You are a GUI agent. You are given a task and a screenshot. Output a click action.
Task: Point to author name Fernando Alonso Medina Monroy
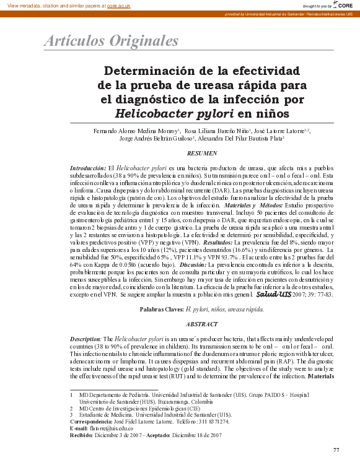point(136,131)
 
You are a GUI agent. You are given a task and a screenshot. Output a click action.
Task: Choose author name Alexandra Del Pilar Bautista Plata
point(248,139)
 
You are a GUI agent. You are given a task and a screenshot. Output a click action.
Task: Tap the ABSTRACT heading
point(202,324)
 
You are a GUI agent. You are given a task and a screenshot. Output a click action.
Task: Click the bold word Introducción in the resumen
point(88,168)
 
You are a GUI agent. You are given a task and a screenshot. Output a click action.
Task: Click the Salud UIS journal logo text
point(274,295)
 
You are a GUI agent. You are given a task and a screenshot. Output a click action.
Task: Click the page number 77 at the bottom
point(336,449)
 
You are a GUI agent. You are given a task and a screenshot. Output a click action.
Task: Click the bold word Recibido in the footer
point(81,435)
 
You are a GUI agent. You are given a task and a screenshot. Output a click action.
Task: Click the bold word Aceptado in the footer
point(160,435)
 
